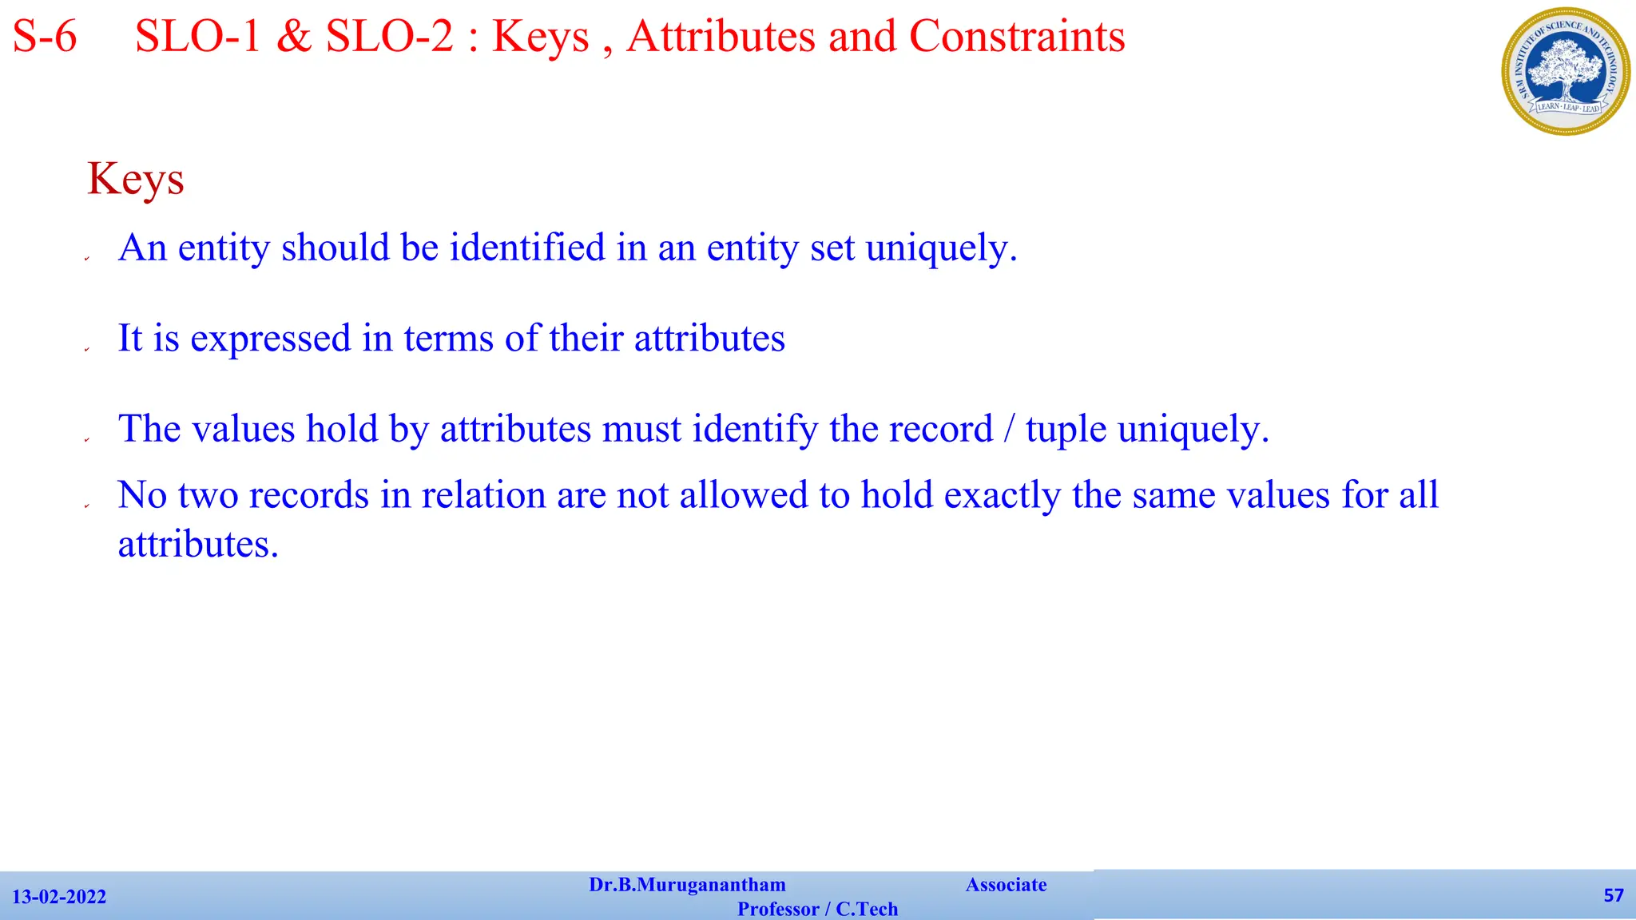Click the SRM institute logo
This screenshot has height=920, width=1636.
[x=1566, y=71]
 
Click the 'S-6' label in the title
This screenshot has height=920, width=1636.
[x=45, y=37]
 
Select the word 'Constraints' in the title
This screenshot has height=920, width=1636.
[x=1017, y=37]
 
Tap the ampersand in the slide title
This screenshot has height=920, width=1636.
[x=293, y=37]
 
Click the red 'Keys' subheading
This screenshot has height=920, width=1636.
[x=136, y=179]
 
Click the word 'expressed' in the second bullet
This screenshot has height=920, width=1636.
[x=271, y=339]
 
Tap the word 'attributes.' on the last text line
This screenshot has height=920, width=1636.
[x=198, y=545]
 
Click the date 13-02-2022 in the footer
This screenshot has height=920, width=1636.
[x=59, y=897]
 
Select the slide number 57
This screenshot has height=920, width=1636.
[x=1614, y=895]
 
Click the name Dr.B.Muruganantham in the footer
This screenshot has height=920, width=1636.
[x=687, y=885]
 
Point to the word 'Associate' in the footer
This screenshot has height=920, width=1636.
[x=1006, y=885]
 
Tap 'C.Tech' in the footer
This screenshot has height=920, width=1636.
[x=867, y=910]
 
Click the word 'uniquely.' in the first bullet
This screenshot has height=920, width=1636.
[x=941, y=248]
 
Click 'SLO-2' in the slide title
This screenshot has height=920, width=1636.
[x=390, y=37]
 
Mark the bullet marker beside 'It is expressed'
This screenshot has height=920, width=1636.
[x=87, y=349]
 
